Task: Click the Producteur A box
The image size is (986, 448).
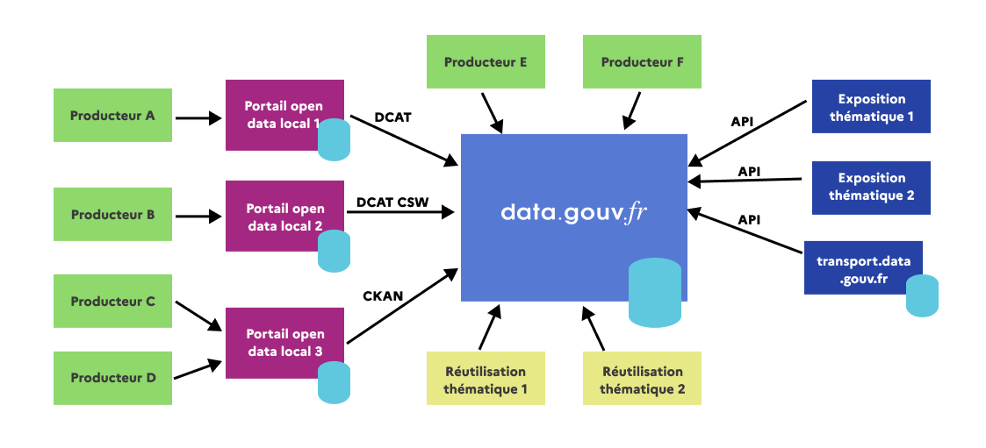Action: pyautogui.click(x=112, y=115)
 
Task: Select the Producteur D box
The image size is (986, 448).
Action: pyautogui.click(x=112, y=378)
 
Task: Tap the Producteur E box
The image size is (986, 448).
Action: pyautogui.click(x=486, y=62)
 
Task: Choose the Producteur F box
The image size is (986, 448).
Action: pyautogui.click(x=642, y=62)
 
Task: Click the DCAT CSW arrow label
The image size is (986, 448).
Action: pyautogui.click(x=392, y=203)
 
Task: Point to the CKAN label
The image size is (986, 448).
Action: pyautogui.click(x=383, y=296)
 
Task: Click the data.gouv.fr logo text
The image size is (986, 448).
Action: pyautogui.click(x=573, y=213)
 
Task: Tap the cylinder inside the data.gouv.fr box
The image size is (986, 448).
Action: pyautogui.click(x=654, y=292)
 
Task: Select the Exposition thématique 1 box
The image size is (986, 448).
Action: pyautogui.click(x=871, y=107)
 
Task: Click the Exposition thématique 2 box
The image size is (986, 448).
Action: pyautogui.click(x=871, y=187)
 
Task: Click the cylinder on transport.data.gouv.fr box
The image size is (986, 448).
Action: pyautogui.click(x=922, y=295)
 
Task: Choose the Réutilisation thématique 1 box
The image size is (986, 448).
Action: pyautogui.click(x=486, y=380)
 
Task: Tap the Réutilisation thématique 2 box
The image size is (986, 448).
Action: pyautogui.click(x=642, y=380)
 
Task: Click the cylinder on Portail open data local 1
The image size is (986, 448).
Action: pyautogui.click(x=334, y=140)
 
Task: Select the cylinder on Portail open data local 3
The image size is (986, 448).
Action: pyautogui.click(x=334, y=382)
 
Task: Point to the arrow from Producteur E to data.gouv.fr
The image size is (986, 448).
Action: pyautogui.click(x=491, y=112)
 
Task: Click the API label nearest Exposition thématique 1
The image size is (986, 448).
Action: pyautogui.click(x=742, y=121)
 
